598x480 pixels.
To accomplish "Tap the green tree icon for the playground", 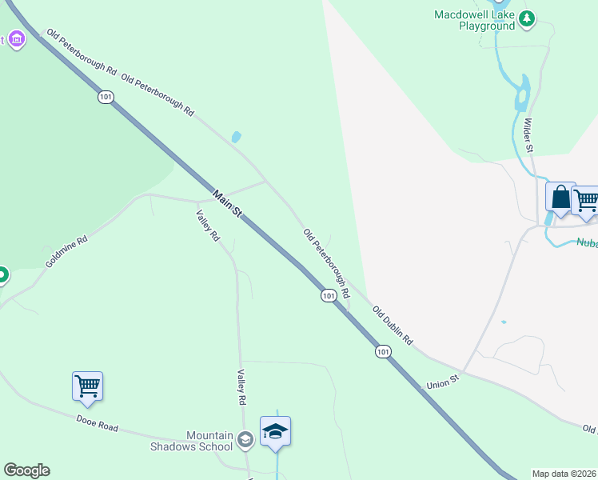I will click(x=526, y=18).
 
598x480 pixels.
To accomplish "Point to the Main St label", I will click(x=227, y=203).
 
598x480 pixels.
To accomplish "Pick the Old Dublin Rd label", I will click(x=392, y=326).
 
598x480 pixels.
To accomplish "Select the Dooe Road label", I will click(x=97, y=422).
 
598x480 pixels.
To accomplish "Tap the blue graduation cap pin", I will click(x=275, y=432).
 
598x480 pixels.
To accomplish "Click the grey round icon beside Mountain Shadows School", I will click(x=245, y=438).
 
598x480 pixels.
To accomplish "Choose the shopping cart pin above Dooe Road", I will click(x=87, y=386).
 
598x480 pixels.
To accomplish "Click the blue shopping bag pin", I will click(x=560, y=197).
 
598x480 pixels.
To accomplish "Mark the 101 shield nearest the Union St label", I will click(x=383, y=351).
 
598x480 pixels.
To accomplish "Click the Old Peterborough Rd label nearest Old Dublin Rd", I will click(x=326, y=264).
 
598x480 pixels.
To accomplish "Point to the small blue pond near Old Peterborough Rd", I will click(x=236, y=137).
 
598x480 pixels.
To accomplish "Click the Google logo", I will click(x=26, y=470).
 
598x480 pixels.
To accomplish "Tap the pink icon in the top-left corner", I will click(x=15, y=39).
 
